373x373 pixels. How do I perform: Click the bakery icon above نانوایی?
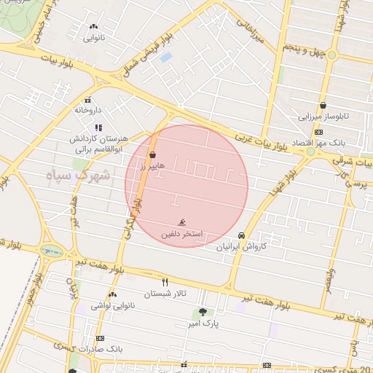pos(94,26)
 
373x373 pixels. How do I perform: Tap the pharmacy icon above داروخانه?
pos(88,101)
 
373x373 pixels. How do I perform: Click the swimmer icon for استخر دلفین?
pos(181,222)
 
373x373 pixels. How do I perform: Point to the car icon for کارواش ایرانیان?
pos(241,236)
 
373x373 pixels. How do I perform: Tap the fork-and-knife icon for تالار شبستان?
pos(165,282)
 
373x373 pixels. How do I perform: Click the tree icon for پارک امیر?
pos(203,312)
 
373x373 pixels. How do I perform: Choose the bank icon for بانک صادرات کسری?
pos(100,338)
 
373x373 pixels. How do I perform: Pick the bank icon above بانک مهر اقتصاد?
pos(318,132)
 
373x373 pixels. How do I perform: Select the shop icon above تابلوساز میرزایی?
pos(322,105)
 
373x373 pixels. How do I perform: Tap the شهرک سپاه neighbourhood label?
pos(76,175)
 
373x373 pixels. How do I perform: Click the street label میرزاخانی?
pos(248,32)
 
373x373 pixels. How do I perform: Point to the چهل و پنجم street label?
pos(301,47)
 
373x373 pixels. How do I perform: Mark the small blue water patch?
pos(166,57)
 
